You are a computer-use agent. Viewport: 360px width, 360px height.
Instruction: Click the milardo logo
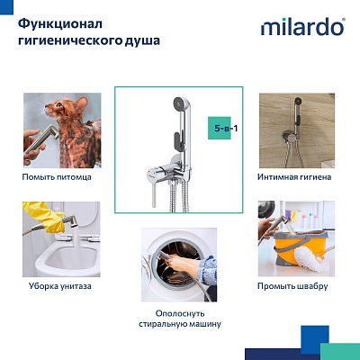click(301, 27)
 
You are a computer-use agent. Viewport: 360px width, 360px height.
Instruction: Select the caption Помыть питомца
click(57, 177)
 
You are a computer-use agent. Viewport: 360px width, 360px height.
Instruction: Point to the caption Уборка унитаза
click(57, 286)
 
